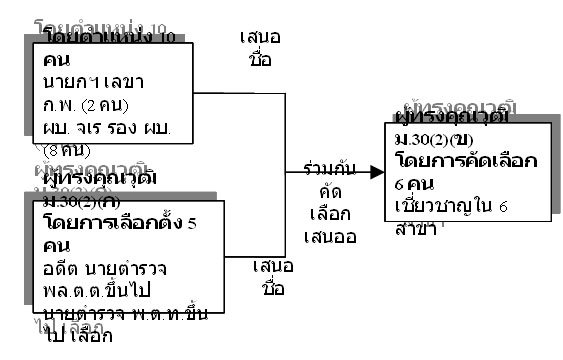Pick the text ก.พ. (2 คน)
coord(89,101)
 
